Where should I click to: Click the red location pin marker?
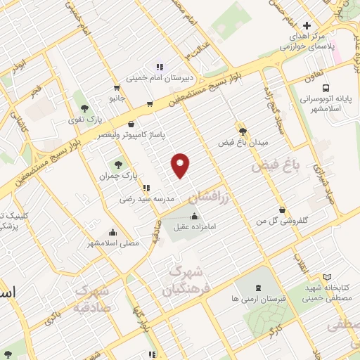(x=181, y=165)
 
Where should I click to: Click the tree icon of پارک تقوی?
(x=85, y=108)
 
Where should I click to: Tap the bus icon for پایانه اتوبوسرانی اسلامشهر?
(x=326, y=88)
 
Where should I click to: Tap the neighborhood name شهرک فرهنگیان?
(x=187, y=280)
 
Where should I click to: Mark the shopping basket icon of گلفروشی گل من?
(x=282, y=210)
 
